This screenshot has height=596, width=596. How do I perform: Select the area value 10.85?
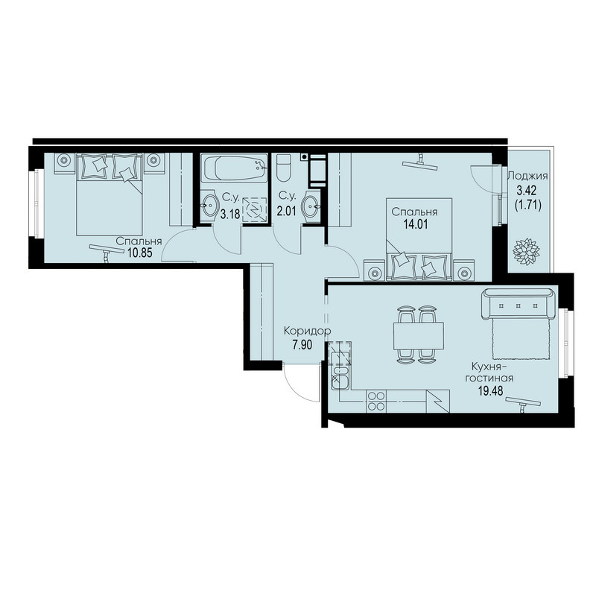point(140,253)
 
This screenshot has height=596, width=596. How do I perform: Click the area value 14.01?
point(415,224)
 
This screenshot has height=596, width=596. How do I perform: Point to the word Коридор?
point(308,332)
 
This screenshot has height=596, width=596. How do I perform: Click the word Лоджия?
point(527,176)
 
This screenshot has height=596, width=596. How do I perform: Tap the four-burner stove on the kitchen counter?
point(376,401)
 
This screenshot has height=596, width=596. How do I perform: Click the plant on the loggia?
point(527,250)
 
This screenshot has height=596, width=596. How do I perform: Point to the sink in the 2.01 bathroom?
point(311,206)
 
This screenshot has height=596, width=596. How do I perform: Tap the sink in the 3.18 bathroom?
point(209,206)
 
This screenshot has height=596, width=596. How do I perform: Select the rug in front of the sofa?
point(521,339)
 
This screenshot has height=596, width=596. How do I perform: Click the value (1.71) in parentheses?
point(527,206)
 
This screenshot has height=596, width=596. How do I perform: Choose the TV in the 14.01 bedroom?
point(420,162)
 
